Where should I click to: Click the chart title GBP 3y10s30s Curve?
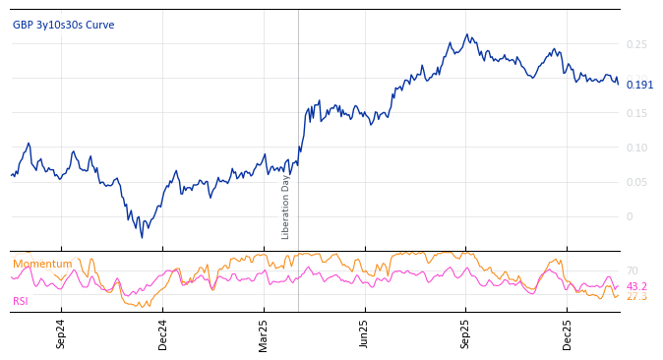coord(63,25)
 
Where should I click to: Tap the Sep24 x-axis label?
coord(61,333)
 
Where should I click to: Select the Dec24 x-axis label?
coord(162,333)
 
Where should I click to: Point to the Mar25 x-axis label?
coord(264,333)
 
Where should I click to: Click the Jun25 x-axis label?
coord(365,333)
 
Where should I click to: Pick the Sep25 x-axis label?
coord(466,333)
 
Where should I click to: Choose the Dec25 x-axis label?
coord(568,333)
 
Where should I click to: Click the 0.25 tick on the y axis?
coord(636,44)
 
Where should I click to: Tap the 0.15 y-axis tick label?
coord(636,113)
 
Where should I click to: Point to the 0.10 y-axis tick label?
coord(636,148)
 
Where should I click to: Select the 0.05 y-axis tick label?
coord(636,182)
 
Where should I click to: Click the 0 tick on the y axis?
coord(631,216)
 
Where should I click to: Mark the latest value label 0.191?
coord(639,85)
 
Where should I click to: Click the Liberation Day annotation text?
coord(286,207)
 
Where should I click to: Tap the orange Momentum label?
coord(42,264)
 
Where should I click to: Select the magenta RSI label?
coord(21,301)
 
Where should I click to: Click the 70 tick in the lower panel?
coord(632,270)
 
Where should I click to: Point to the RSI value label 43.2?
coord(636,286)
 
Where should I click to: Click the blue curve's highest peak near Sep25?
coord(467,34)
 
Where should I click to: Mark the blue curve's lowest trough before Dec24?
coord(141,237)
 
